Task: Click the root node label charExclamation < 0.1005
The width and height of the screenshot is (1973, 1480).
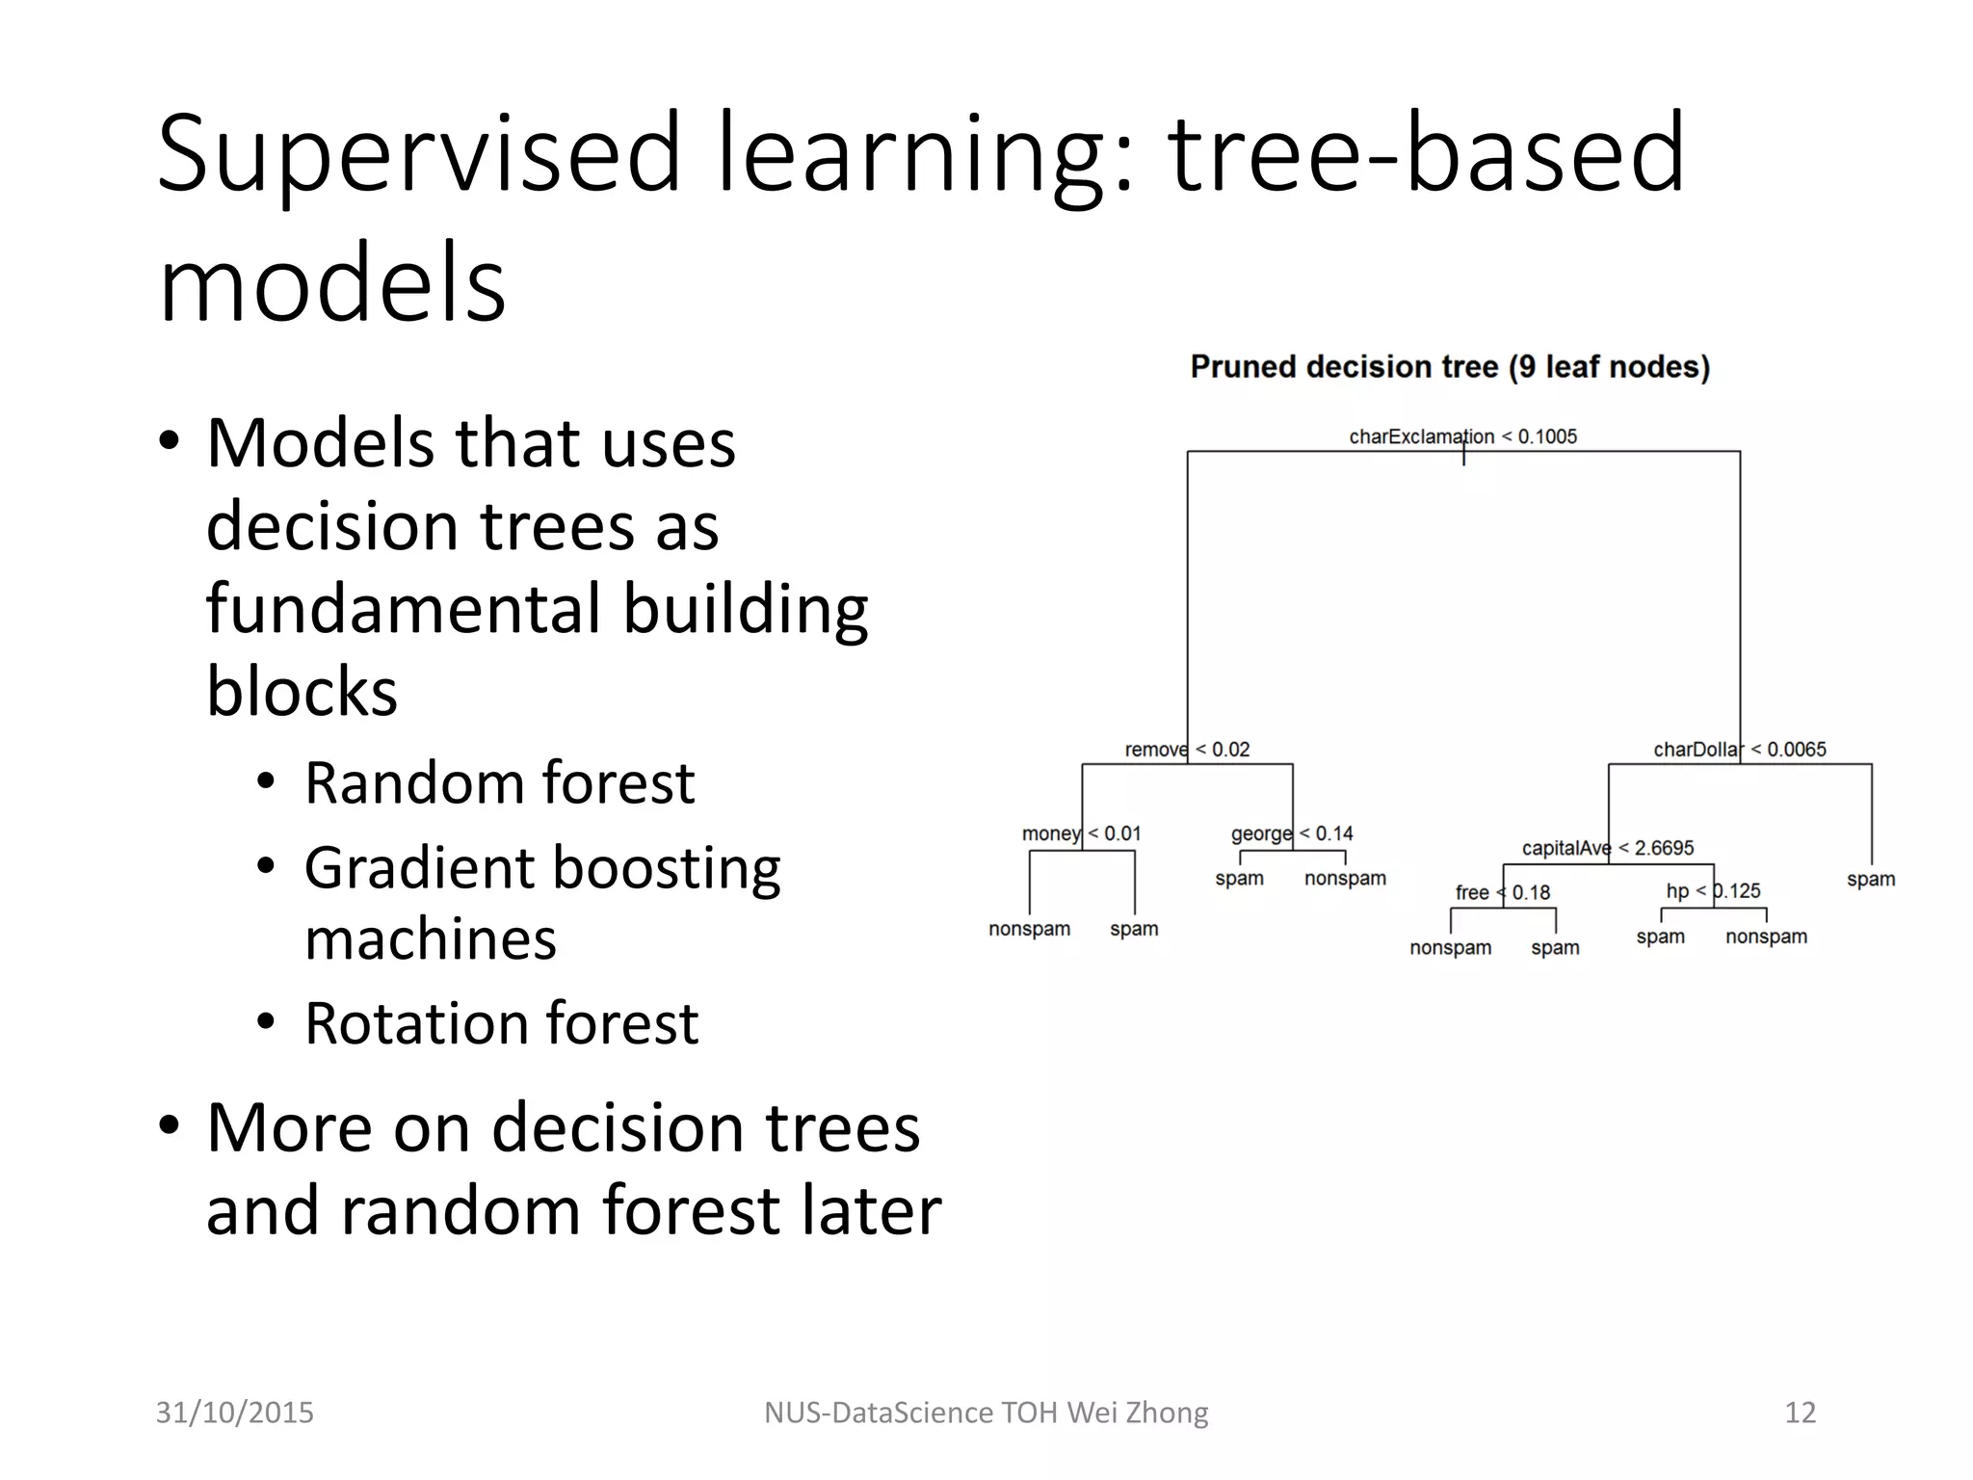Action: point(1462,436)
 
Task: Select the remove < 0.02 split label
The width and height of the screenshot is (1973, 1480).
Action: point(1187,750)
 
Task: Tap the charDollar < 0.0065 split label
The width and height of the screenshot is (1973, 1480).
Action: point(1739,750)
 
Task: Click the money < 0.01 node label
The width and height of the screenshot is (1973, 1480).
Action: point(1081,833)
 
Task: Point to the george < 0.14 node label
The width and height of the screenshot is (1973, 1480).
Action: point(1292,833)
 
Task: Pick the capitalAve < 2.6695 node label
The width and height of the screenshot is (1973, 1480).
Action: point(1607,848)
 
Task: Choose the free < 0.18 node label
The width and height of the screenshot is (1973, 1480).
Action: point(1502,892)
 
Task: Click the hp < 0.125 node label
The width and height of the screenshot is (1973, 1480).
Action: point(1713,891)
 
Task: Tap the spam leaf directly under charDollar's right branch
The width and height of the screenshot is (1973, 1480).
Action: point(1870,879)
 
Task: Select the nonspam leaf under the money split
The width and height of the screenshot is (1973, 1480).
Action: point(1029,929)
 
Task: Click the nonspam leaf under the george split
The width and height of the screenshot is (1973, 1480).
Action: point(1345,878)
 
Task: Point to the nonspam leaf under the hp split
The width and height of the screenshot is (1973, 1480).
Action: point(1766,937)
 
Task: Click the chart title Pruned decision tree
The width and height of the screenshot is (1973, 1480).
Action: point(1450,367)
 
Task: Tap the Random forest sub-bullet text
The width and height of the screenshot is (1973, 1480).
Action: point(499,782)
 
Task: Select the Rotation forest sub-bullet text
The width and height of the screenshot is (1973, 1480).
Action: point(501,1023)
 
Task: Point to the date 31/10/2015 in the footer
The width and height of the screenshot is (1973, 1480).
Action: point(235,1413)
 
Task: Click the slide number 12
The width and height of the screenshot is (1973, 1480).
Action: point(1800,1413)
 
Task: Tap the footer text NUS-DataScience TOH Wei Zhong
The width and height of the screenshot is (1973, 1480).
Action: point(986,1413)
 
